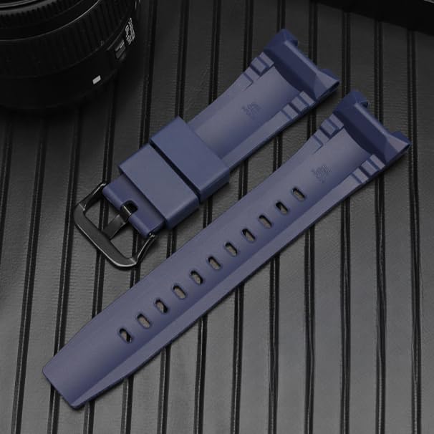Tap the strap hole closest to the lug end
[298, 193]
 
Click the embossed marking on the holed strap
[322, 172]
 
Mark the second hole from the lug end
[281, 207]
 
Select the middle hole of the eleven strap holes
[213, 263]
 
